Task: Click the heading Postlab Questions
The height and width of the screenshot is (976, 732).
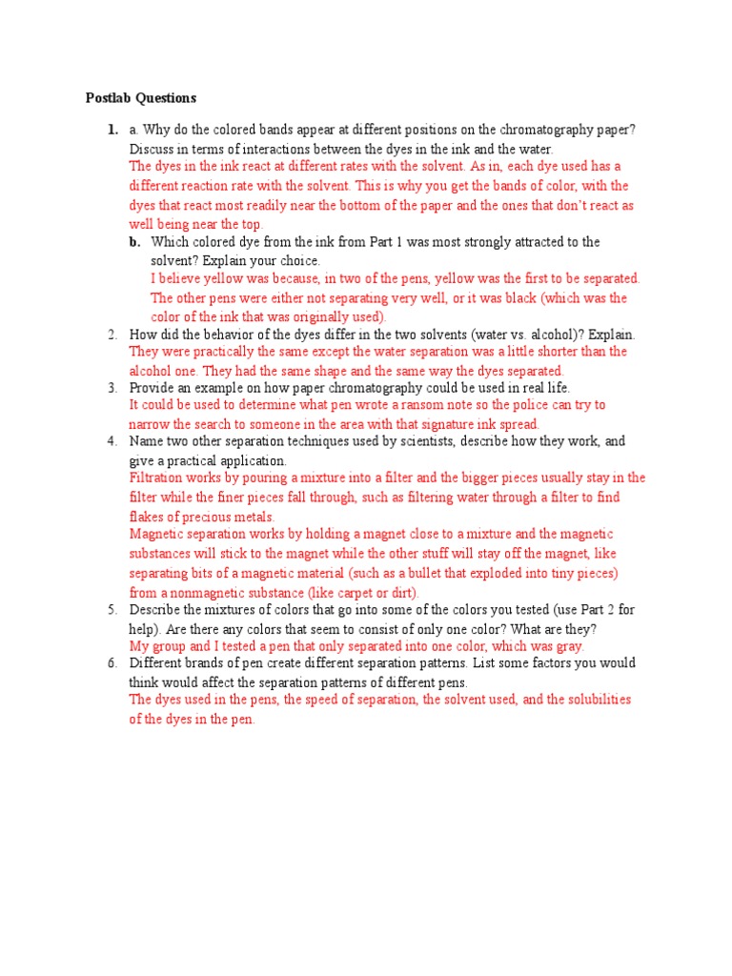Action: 140,97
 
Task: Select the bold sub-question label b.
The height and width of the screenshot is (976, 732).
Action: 134,242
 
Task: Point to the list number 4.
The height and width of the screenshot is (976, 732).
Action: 112,441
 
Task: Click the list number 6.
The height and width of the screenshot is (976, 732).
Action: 112,662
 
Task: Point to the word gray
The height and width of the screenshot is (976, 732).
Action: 567,645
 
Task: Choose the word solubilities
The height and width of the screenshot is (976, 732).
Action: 589,700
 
